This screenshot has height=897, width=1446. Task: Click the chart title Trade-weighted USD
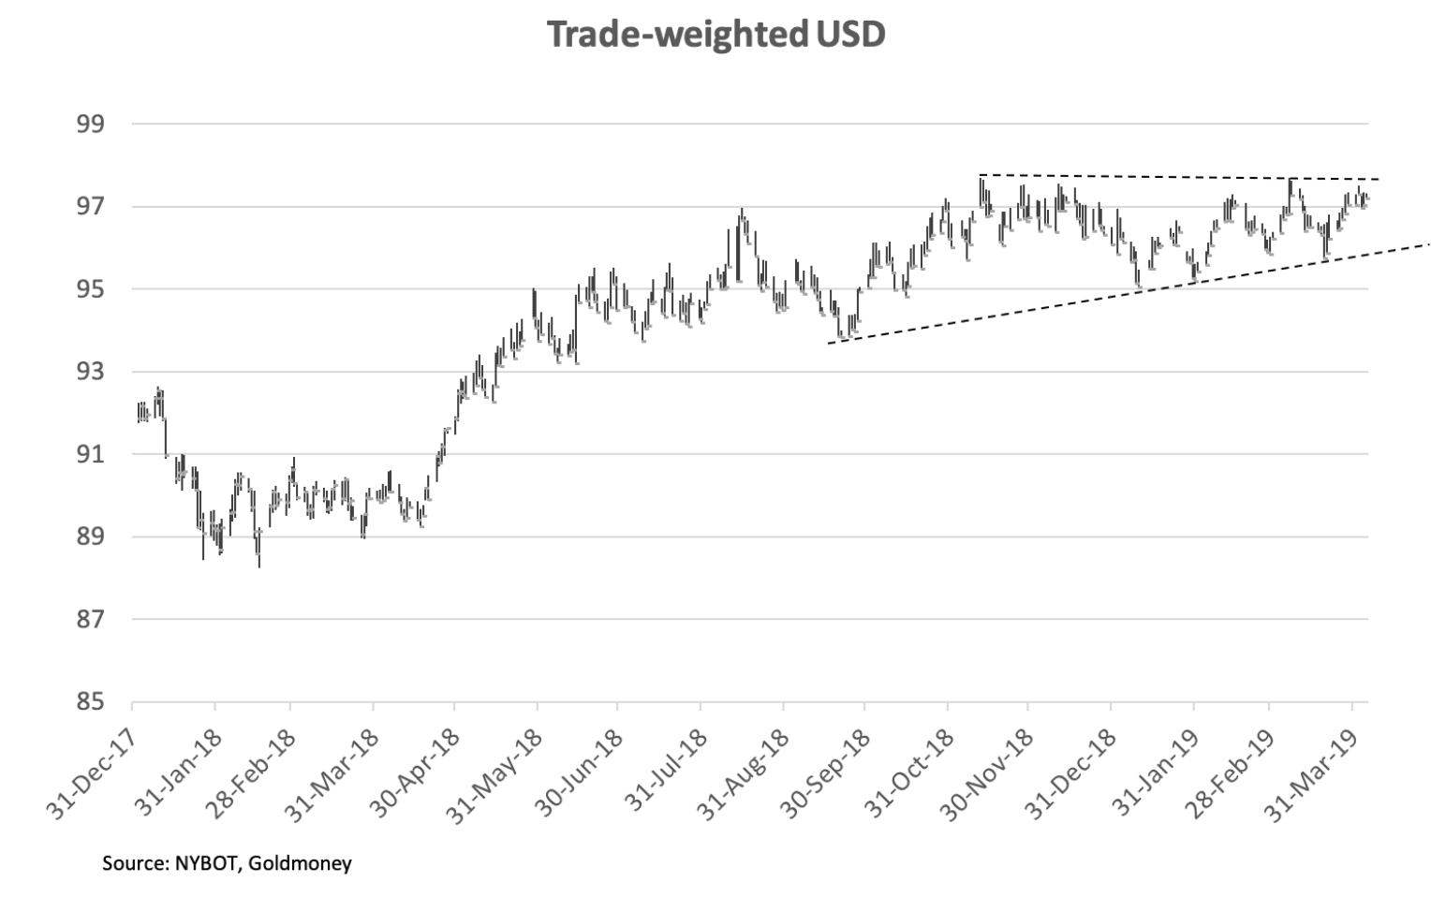click(x=716, y=35)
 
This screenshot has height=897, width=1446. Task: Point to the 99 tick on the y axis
click(x=92, y=125)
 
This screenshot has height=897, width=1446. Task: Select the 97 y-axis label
click(x=92, y=207)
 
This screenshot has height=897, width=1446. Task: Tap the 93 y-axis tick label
click(x=92, y=372)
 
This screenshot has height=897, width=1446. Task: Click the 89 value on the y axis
click(x=92, y=537)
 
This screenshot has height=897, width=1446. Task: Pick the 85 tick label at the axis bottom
click(x=92, y=701)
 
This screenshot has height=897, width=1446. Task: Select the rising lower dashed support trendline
click(x=1124, y=292)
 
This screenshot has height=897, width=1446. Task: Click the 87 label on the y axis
click(x=92, y=620)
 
